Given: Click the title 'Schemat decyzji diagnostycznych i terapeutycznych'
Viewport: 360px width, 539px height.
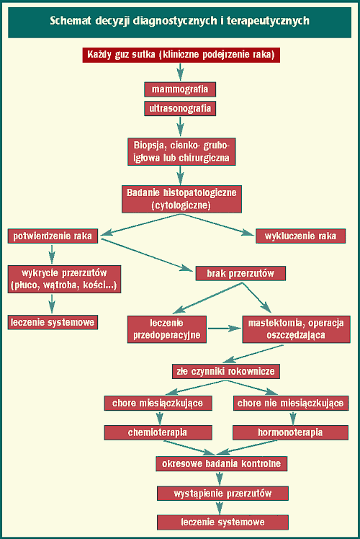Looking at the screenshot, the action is pyautogui.click(x=180, y=21).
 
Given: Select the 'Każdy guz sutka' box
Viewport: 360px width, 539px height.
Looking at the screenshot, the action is pyautogui.click(x=181, y=55).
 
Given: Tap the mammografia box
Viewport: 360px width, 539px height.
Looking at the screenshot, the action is pyautogui.click(x=180, y=89).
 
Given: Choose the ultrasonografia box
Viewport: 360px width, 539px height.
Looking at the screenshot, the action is pyautogui.click(x=180, y=109).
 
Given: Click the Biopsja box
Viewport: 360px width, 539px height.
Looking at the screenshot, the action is pyautogui.click(x=181, y=152).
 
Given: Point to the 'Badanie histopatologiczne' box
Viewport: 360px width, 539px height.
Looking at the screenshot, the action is pyautogui.click(x=181, y=200).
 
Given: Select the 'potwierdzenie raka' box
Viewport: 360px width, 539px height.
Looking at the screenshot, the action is pyautogui.click(x=53, y=236).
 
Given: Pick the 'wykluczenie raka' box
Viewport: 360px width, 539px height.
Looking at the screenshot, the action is pyautogui.click(x=300, y=236).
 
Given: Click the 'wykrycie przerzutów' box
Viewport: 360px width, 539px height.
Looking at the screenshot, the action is pyautogui.click(x=64, y=279).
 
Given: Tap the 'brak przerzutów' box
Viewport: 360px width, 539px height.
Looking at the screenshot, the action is pyautogui.click(x=240, y=274).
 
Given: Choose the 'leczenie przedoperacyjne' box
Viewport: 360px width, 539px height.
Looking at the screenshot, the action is pyautogui.click(x=167, y=329).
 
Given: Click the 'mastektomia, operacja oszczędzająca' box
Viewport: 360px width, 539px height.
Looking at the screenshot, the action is pyautogui.click(x=296, y=329).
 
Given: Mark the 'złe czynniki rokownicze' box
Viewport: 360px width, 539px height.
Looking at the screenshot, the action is pyautogui.click(x=225, y=372).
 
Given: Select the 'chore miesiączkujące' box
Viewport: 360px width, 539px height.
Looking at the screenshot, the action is pyautogui.click(x=158, y=404).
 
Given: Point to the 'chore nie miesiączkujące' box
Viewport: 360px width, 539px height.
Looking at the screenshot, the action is pyautogui.click(x=291, y=404).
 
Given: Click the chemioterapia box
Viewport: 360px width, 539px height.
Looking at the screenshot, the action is pyautogui.click(x=158, y=432).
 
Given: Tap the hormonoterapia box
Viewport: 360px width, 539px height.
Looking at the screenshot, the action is pyautogui.click(x=291, y=432).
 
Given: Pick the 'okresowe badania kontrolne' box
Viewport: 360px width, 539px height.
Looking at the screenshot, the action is pyautogui.click(x=222, y=464).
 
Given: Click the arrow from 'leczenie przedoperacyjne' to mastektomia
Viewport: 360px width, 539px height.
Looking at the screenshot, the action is pyautogui.click(x=225, y=329).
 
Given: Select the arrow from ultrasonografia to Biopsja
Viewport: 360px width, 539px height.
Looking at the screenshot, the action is pyautogui.click(x=180, y=127).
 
